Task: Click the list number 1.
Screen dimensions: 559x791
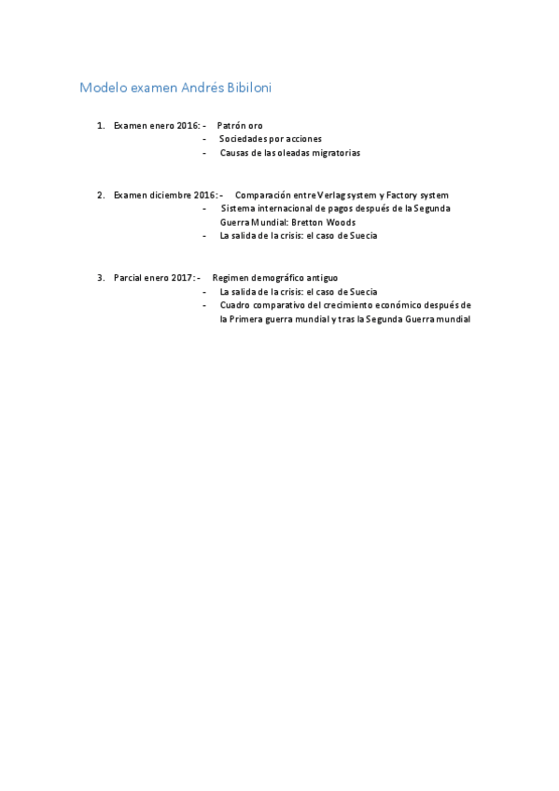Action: [x=100, y=125]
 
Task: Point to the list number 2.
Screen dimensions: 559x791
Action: [x=100, y=195]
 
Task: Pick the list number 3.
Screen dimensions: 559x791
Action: [x=100, y=278]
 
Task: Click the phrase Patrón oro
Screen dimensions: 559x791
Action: [x=240, y=125]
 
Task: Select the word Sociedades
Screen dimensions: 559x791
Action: [x=243, y=139]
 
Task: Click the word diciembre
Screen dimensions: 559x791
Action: [x=171, y=195]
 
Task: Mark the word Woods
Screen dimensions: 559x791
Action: [x=341, y=223]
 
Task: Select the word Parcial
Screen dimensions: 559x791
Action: [x=128, y=278]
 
